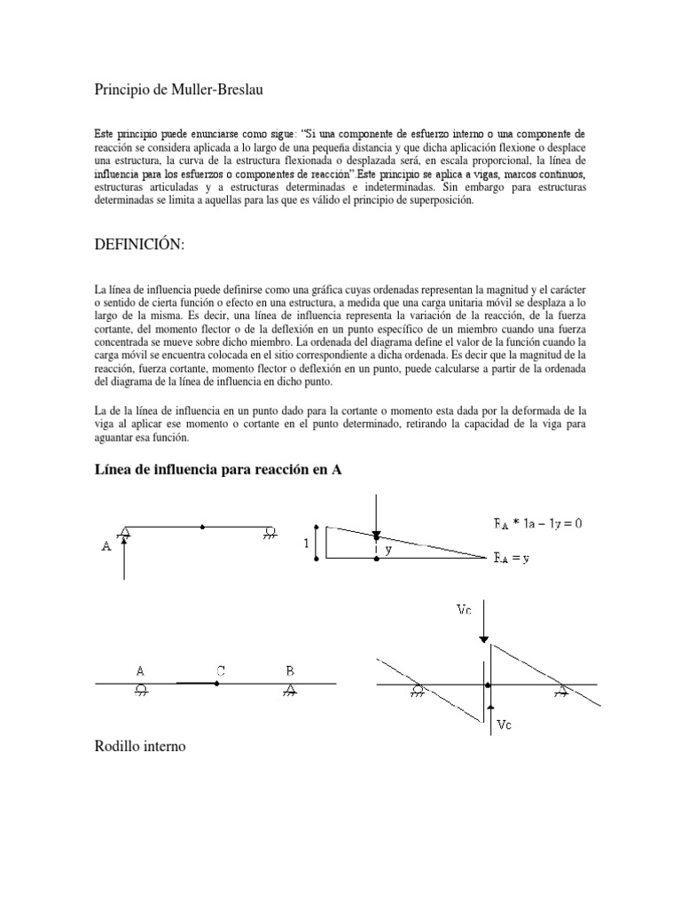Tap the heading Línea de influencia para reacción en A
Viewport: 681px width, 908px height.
point(218,470)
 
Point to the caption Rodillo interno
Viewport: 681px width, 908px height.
point(138,748)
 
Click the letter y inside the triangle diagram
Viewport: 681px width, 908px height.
point(388,550)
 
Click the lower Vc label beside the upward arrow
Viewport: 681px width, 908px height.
point(504,724)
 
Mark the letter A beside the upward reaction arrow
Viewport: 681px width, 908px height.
point(106,547)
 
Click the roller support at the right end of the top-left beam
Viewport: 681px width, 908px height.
point(269,533)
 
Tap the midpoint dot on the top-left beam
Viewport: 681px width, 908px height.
point(203,527)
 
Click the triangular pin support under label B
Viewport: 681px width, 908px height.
point(289,690)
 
